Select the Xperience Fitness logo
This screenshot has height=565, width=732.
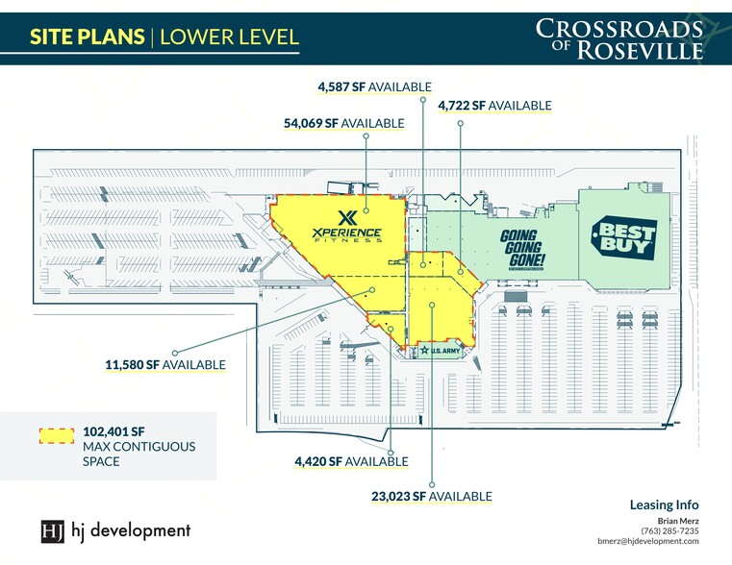click(x=347, y=226)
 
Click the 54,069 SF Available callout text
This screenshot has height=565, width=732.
click(x=343, y=123)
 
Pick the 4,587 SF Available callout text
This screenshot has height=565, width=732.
click(x=374, y=86)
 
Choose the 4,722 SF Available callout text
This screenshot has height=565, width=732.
click(x=494, y=105)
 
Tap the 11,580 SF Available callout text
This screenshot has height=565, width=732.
click(x=165, y=364)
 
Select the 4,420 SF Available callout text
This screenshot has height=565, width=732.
click(x=351, y=461)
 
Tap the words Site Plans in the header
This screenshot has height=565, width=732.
click(x=87, y=37)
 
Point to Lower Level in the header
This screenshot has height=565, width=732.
click(x=229, y=37)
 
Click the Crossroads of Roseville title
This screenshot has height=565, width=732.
click(x=619, y=38)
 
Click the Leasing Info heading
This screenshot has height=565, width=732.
click(x=664, y=504)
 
